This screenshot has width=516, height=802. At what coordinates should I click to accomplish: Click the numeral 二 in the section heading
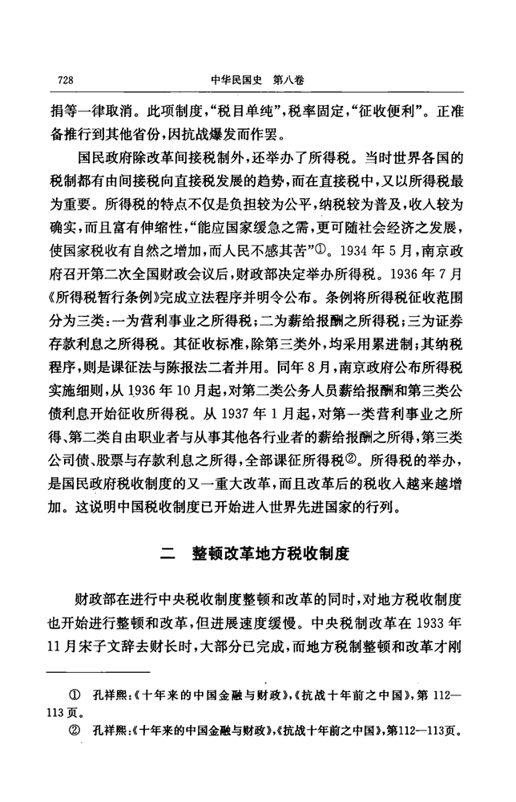coord(167,553)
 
